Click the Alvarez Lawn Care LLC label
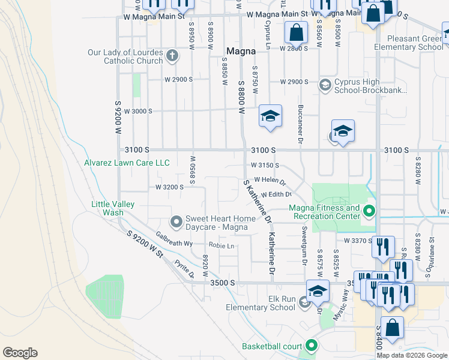pyautogui.click(x=127, y=163)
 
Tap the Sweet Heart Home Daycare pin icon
pyautogui.click(x=176, y=223)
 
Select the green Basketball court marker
pyautogui.click(x=311, y=346)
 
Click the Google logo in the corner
pyautogui.click(x=20, y=353)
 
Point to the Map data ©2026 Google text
pyautogui.click(x=412, y=355)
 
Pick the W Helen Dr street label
pyautogui.click(x=270, y=179)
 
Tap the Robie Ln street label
pyautogui.click(x=221, y=245)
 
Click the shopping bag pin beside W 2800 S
pyautogui.click(x=297, y=33)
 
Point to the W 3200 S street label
pyautogui.click(x=169, y=187)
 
